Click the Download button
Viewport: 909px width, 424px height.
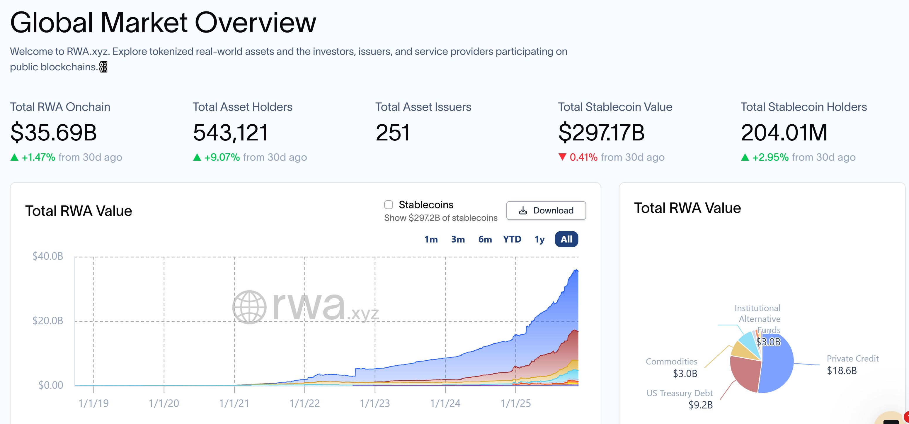546,211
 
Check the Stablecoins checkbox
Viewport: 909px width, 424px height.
389,205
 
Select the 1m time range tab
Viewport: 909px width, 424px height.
431,239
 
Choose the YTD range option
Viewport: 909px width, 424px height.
512,239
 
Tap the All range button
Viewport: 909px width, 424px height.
566,239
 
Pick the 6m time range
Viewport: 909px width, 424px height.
485,239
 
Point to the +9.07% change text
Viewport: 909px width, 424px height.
222,157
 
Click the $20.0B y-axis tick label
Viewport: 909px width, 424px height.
48,320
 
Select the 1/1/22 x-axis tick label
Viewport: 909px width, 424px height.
304,403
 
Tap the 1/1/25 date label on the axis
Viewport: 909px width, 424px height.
515,403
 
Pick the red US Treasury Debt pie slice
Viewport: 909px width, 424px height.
745,374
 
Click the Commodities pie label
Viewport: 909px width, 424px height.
671,362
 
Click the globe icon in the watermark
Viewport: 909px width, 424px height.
249,307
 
